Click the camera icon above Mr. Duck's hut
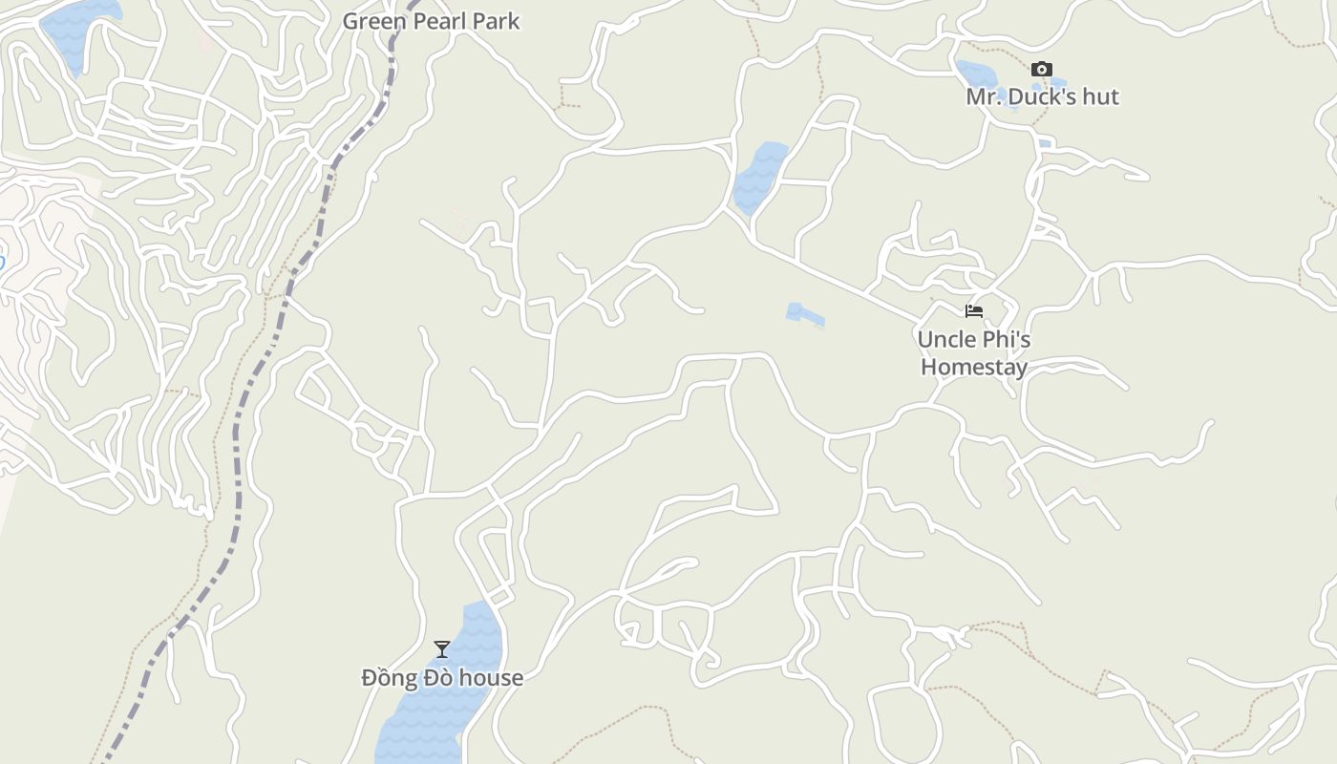click(1041, 69)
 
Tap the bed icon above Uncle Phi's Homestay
click(973, 311)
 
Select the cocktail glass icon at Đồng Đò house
click(442, 649)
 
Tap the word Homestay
click(974, 368)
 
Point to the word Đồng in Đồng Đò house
click(387, 678)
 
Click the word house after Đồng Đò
click(491, 678)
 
